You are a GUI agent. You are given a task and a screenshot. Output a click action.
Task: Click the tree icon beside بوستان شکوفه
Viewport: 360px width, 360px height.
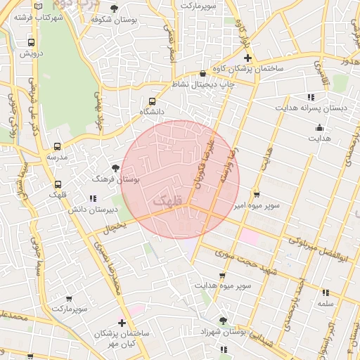coord(114,8)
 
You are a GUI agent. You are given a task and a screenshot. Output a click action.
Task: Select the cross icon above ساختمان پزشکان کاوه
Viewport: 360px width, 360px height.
coord(247,56)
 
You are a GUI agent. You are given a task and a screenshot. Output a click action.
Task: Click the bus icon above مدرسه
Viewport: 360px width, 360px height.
coord(57,147)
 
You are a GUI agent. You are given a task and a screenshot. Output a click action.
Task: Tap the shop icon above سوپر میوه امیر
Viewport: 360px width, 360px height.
coord(256,194)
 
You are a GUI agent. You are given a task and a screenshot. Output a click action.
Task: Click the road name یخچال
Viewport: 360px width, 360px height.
coord(114,228)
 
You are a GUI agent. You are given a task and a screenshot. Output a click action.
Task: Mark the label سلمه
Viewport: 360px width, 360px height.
coord(325,303)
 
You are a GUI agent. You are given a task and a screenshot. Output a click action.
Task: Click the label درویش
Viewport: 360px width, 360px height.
coord(32,53)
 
